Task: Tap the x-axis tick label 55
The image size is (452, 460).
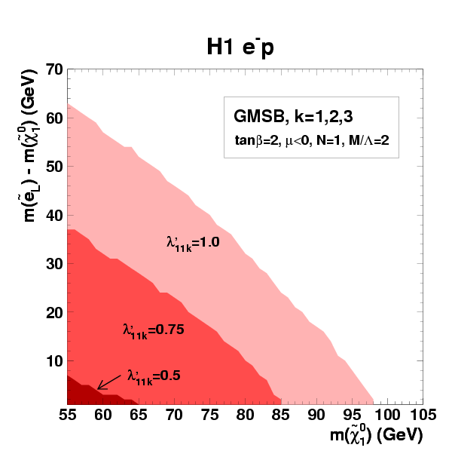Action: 67,415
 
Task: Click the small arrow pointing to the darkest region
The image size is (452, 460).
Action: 108,383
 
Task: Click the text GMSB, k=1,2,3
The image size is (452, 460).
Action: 282,118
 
